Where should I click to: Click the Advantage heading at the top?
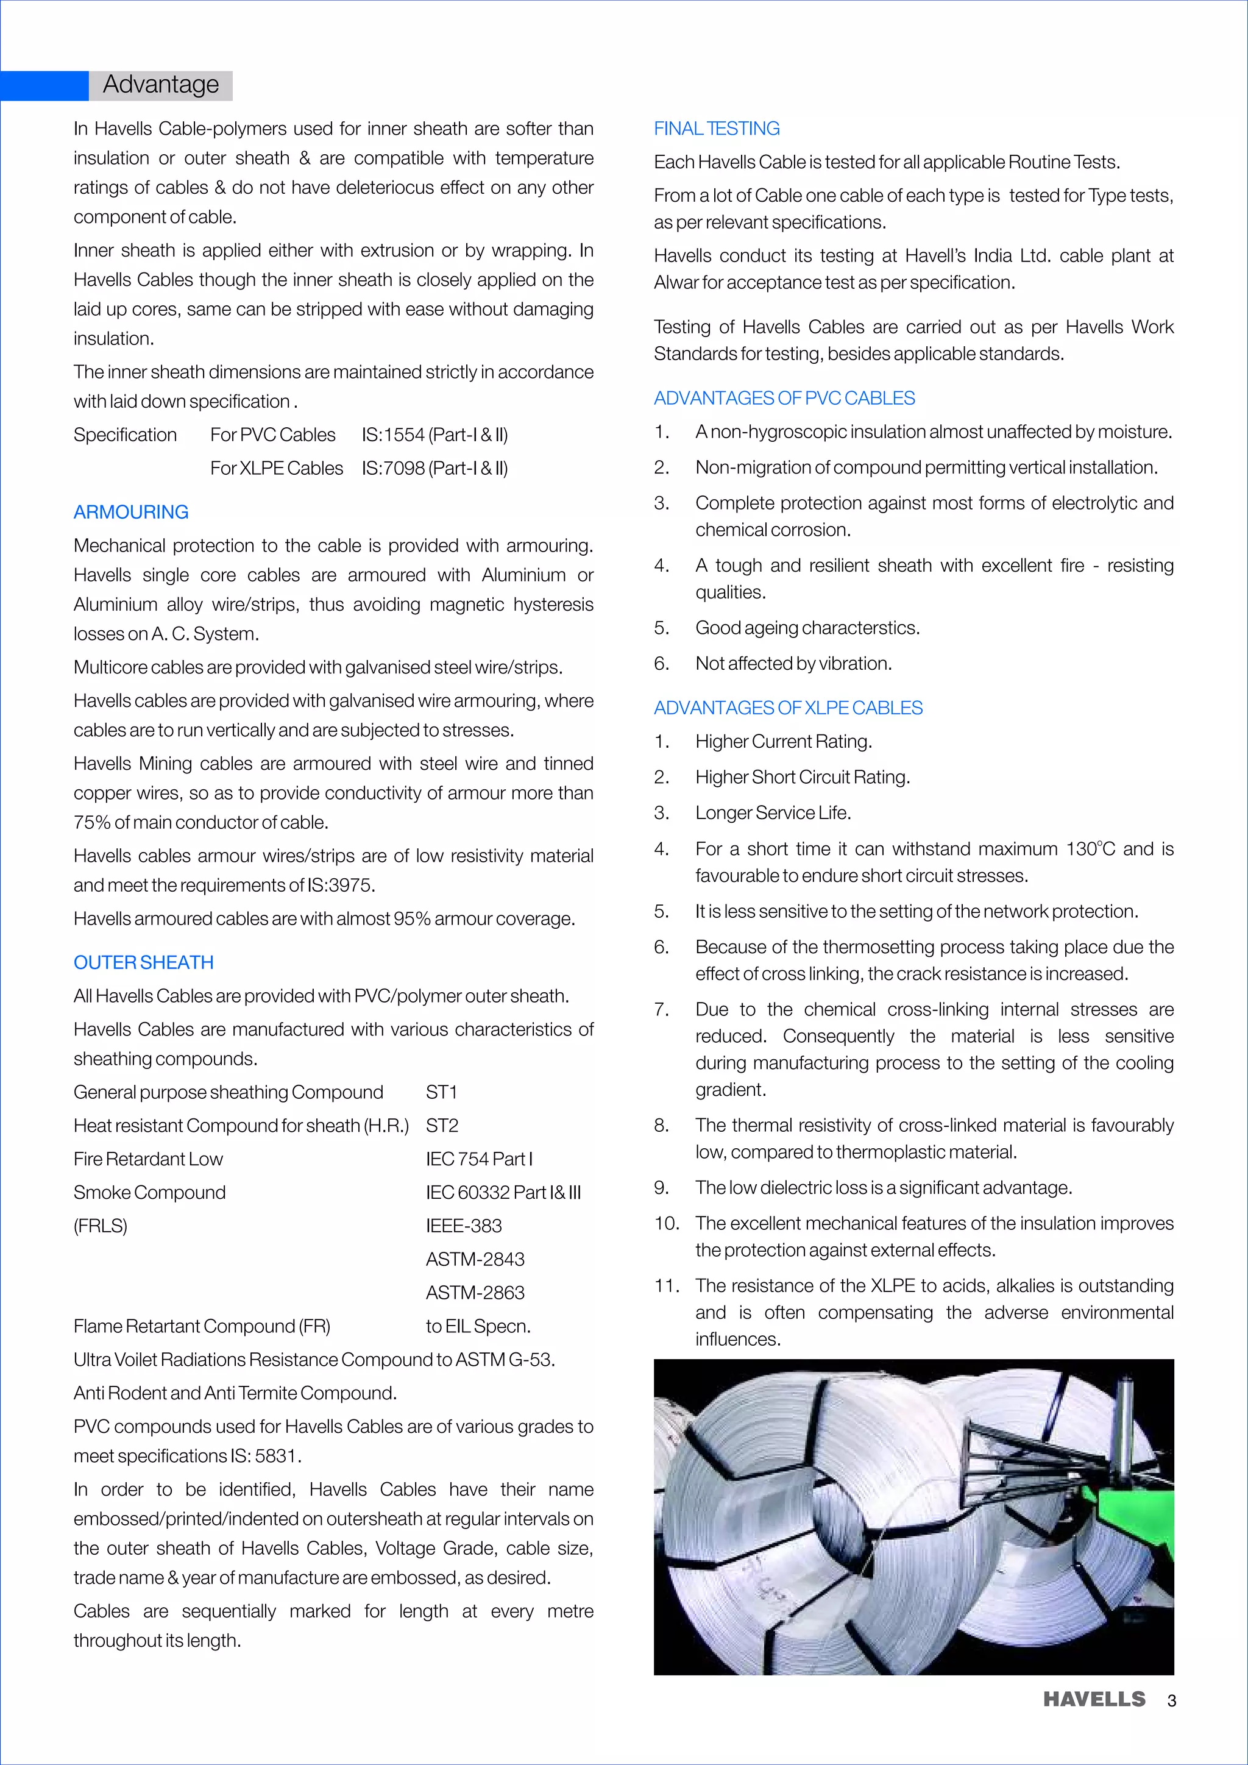(x=161, y=85)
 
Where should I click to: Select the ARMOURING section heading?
(x=130, y=512)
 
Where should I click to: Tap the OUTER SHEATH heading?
(x=144, y=962)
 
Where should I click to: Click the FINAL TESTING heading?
(x=716, y=129)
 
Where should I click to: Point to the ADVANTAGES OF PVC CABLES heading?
(x=784, y=398)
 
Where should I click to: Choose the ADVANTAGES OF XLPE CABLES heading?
(x=788, y=708)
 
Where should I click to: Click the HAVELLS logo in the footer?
(x=1094, y=1699)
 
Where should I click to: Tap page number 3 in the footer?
(x=1171, y=1700)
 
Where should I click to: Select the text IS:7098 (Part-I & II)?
(x=435, y=468)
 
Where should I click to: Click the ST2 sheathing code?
(x=442, y=1126)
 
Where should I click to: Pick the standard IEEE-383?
(x=463, y=1226)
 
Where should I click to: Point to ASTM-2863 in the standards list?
(x=475, y=1293)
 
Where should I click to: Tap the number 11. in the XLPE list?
(x=666, y=1286)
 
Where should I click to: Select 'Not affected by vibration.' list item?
(x=793, y=664)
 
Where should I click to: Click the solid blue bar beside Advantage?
(x=44, y=85)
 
